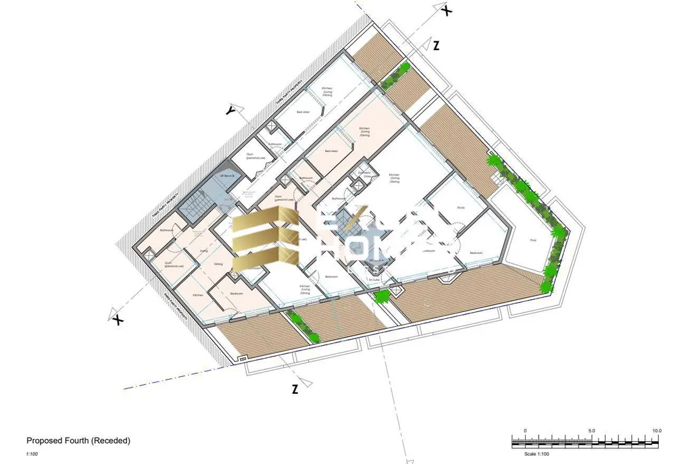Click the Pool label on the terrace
[533, 240]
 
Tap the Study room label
[461, 207]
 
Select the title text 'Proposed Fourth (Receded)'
[78, 440]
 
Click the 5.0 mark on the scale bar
[591, 430]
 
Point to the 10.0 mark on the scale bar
[656, 430]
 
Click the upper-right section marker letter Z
[437, 46]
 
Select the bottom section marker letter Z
[295, 388]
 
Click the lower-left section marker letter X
[119, 318]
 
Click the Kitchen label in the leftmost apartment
[198, 296]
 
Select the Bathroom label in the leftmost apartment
[167, 230]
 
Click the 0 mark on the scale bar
[525, 430]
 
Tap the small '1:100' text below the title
[32, 454]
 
